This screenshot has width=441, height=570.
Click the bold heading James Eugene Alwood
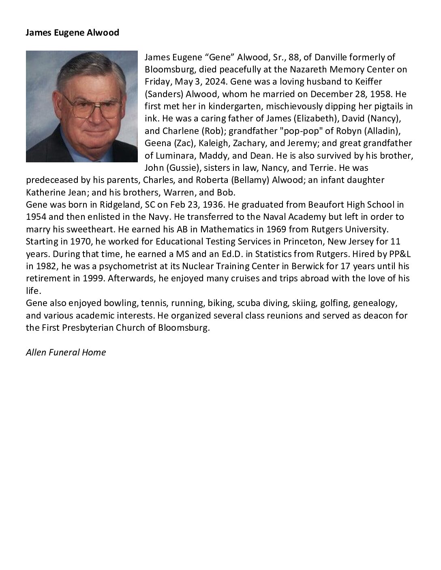pos(72,33)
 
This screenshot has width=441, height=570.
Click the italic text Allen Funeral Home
pos(66,353)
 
